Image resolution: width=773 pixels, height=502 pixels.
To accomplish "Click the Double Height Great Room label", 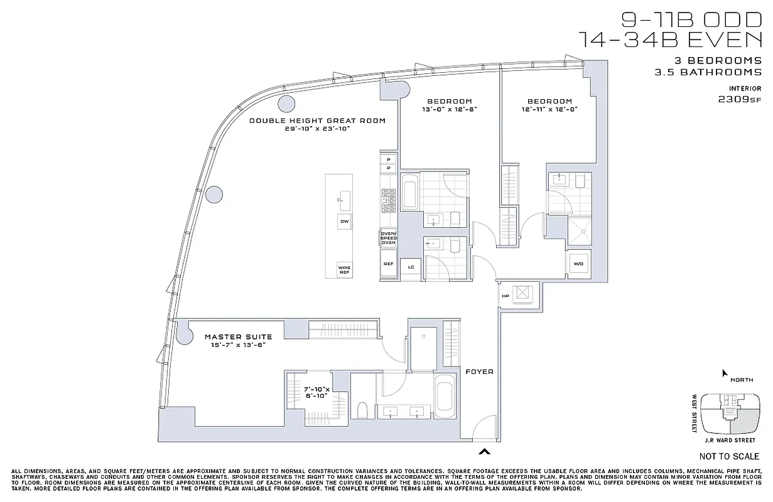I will tap(317, 120).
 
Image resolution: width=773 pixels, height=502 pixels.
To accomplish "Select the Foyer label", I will tap(479, 371).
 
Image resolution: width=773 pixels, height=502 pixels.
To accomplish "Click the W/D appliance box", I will tap(578, 264).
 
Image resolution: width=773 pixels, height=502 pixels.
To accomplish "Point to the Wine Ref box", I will tap(345, 269).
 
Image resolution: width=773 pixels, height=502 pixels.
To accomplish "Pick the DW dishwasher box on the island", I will tap(344, 222).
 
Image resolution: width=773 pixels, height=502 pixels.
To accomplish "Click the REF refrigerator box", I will tap(389, 264).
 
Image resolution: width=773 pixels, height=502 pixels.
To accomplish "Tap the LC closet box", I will tap(411, 267).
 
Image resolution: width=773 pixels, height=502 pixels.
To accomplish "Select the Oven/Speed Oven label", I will tap(389, 238).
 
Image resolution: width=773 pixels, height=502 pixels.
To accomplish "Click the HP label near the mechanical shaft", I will tap(505, 296).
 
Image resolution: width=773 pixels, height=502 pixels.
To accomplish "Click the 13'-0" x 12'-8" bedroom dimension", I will tap(449, 110).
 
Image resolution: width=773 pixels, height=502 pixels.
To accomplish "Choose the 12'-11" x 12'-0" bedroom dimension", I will tap(549, 110).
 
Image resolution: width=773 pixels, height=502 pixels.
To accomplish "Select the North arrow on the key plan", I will tap(725, 373).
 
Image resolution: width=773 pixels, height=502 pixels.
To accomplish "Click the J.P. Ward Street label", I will tap(731, 441).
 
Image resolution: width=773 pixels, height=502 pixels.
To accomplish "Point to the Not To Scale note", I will tap(728, 456).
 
